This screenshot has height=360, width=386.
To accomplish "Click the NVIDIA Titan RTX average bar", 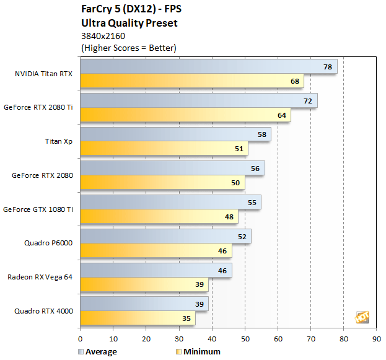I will pyautogui.click(x=208, y=66).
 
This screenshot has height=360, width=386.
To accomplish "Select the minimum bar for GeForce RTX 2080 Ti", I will pyautogui.click(x=185, y=115).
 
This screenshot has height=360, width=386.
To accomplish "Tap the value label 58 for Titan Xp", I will pyautogui.click(x=262, y=134).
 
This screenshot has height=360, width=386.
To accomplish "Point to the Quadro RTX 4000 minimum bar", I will pyautogui.click(x=138, y=318).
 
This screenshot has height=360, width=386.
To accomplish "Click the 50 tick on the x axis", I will pyautogui.click(x=245, y=339).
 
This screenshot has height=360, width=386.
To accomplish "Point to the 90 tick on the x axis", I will pyautogui.click(x=377, y=339).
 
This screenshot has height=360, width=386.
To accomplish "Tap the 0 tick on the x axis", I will pyautogui.click(x=80, y=339).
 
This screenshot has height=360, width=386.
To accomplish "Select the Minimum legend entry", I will pyautogui.click(x=198, y=351).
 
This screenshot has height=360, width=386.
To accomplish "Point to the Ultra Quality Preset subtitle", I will pyautogui.click(x=129, y=24).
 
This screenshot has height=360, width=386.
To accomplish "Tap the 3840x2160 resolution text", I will pyautogui.click(x=103, y=36).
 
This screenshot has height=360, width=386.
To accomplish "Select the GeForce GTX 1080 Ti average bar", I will pyautogui.click(x=170, y=202).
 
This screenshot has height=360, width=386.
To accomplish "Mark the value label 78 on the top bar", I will pyautogui.click(x=328, y=67).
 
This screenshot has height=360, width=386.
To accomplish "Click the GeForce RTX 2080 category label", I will pyautogui.click(x=42, y=175).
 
